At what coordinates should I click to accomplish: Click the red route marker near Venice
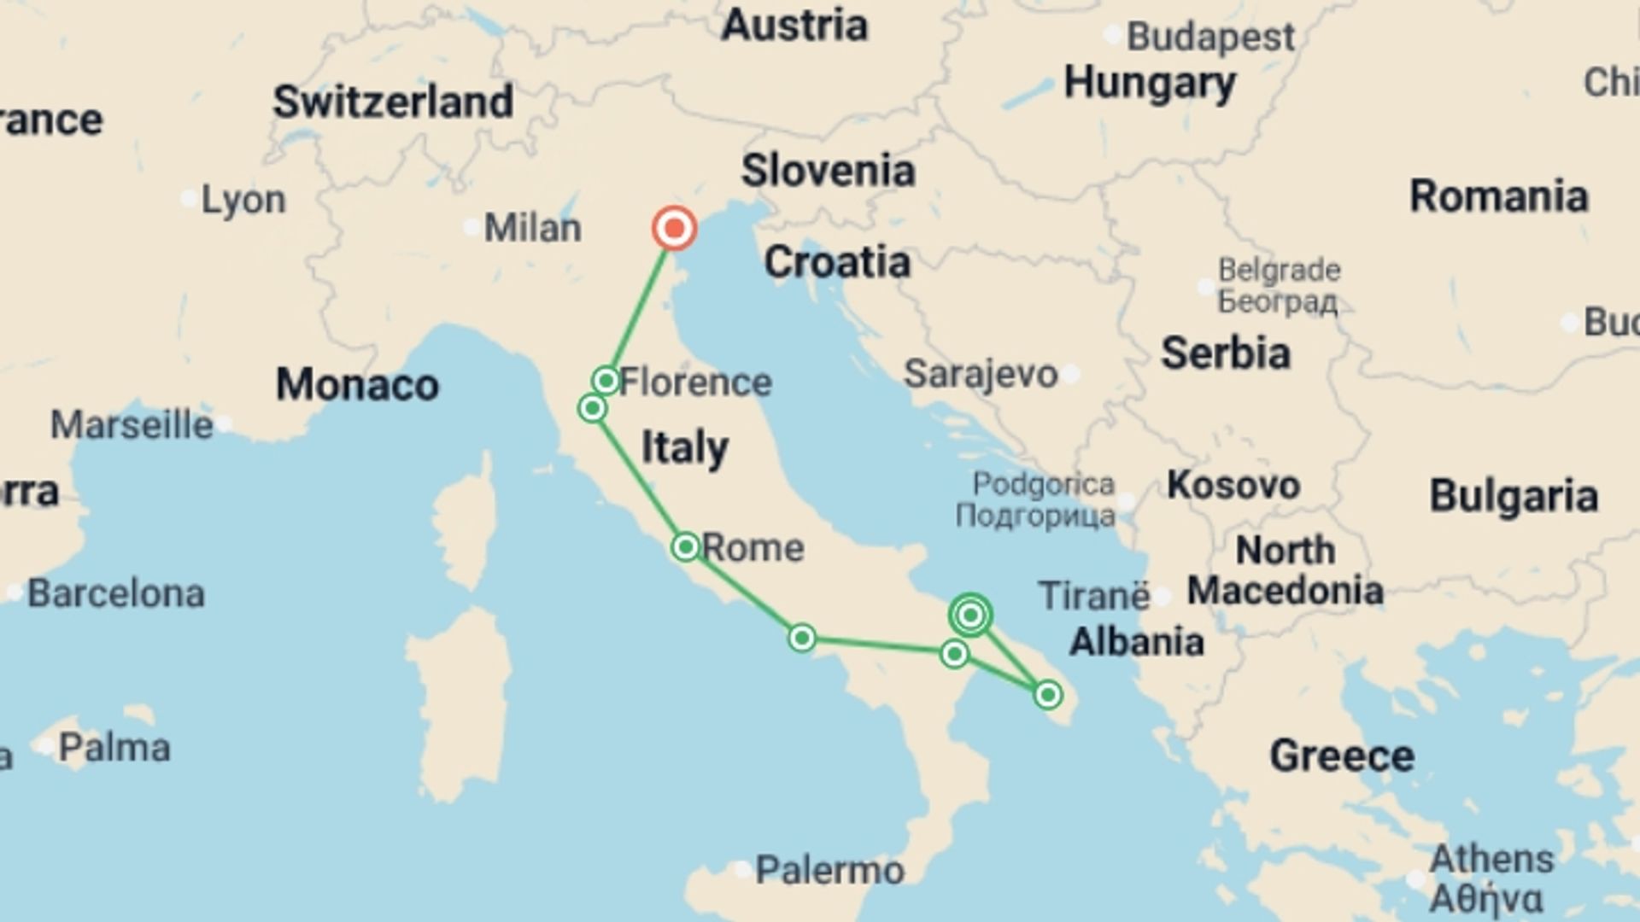click(x=675, y=229)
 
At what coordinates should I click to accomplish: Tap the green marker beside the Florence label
click(x=606, y=380)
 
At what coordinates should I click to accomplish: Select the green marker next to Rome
click(x=685, y=546)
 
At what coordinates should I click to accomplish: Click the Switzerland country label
click(x=393, y=102)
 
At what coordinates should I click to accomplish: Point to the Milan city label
click(x=532, y=228)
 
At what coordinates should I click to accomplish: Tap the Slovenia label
click(x=828, y=171)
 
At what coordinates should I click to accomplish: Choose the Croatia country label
click(x=836, y=262)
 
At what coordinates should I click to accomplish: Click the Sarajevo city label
click(x=981, y=374)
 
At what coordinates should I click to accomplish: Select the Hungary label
click(x=1149, y=84)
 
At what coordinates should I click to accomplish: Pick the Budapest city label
click(x=1210, y=37)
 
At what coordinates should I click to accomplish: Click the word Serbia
click(x=1225, y=353)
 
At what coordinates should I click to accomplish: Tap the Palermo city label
click(x=829, y=871)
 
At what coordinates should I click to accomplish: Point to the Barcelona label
click(x=116, y=593)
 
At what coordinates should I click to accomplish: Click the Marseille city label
click(x=132, y=424)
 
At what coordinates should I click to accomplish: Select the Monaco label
click(x=357, y=385)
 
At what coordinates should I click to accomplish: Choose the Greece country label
click(x=1341, y=756)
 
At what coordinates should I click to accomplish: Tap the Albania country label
click(x=1136, y=641)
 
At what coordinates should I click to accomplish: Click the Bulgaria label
click(x=1514, y=496)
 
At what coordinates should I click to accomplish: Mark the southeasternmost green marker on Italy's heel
click(x=1048, y=695)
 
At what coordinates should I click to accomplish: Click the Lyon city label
click(x=243, y=200)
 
